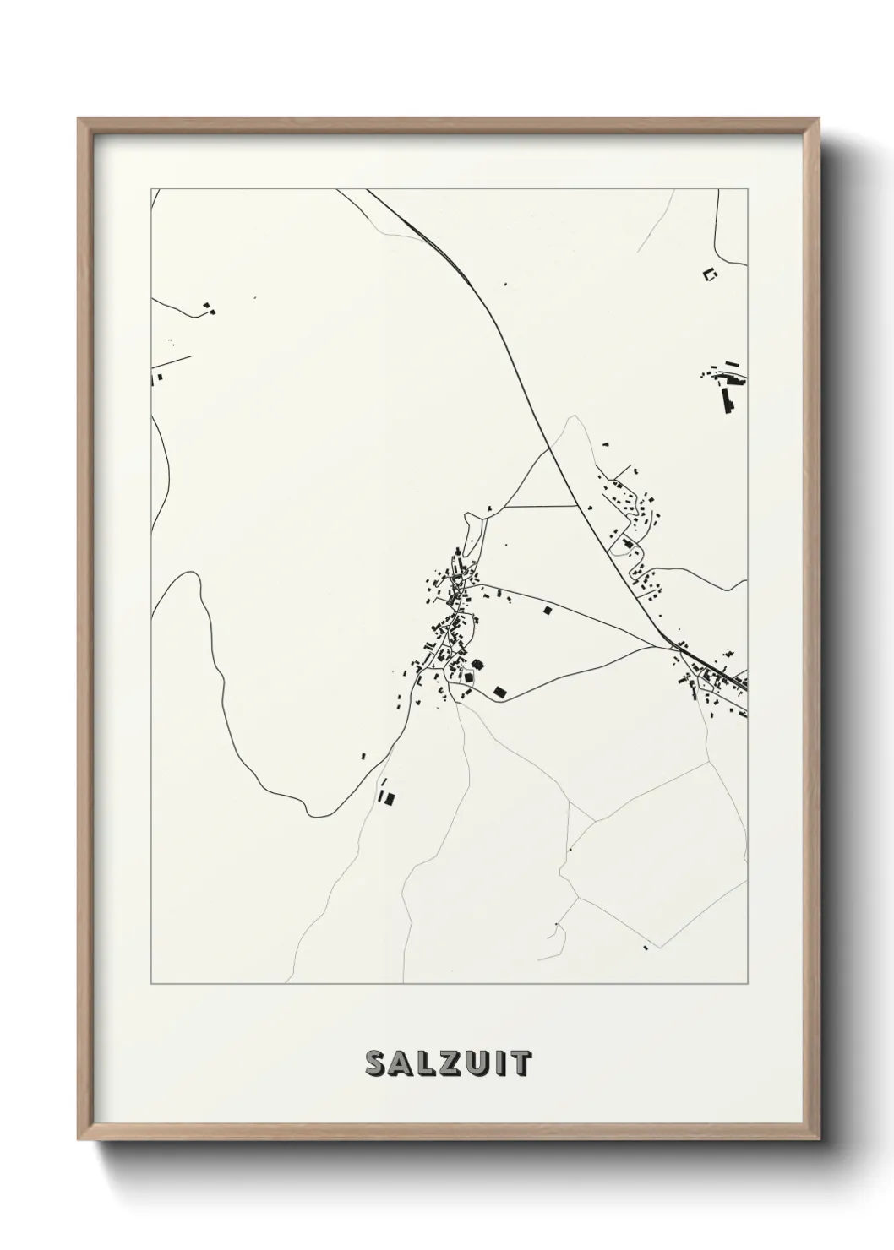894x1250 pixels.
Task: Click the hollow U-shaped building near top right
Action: click(709, 273)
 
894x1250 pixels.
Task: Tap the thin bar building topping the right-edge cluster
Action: click(732, 365)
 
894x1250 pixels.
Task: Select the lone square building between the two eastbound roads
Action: click(547, 609)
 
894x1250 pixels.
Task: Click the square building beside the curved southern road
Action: click(499, 692)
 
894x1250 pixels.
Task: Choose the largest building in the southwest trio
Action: click(390, 796)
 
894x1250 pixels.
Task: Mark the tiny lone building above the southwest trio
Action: click(363, 756)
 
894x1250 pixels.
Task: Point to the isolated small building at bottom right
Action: click(646, 948)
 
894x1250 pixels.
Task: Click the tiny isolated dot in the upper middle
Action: click(504, 285)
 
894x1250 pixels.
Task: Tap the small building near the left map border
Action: click(155, 378)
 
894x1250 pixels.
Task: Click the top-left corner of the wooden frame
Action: click(79, 119)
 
